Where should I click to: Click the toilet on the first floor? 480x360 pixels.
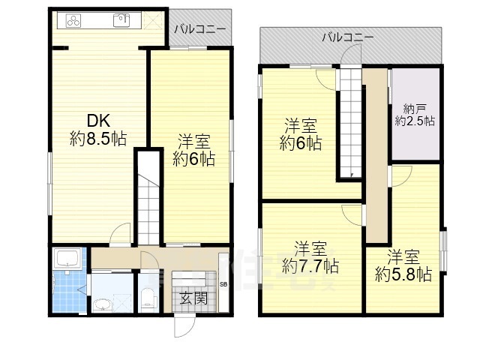point(148,299)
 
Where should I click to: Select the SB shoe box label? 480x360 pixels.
point(223,283)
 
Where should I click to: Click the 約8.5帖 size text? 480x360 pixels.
point(97,139)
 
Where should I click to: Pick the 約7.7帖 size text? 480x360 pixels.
point(310,265)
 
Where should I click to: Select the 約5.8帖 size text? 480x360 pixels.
point(403,274)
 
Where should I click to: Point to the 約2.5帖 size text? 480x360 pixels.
point(415,121)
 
